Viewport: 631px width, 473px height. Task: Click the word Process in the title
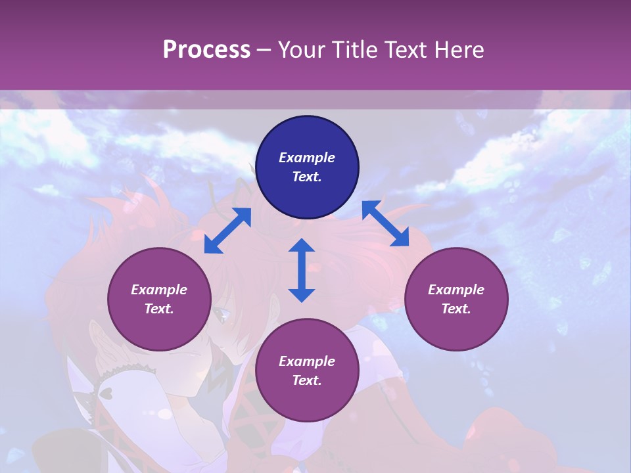(x=206, y=50)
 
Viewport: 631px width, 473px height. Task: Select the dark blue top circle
(x=307, y=168)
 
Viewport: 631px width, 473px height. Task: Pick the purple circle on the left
(x=159, y=300)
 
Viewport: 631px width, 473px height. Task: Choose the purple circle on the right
(x=456, y=300)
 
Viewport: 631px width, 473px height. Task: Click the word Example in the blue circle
(x=307, y=158)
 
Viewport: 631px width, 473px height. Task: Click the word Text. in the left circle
(x=159, y=309)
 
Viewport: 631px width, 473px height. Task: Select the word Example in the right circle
(x=456, y=290)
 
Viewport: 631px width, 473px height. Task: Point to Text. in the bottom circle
(x=307, y=380)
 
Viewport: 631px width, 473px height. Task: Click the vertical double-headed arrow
(x=302, y=270)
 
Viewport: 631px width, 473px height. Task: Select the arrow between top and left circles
(x=227, y=231)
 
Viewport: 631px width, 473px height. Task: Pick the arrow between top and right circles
(x=385, y=224)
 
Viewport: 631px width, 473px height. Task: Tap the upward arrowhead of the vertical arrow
(x=302, y=245)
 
